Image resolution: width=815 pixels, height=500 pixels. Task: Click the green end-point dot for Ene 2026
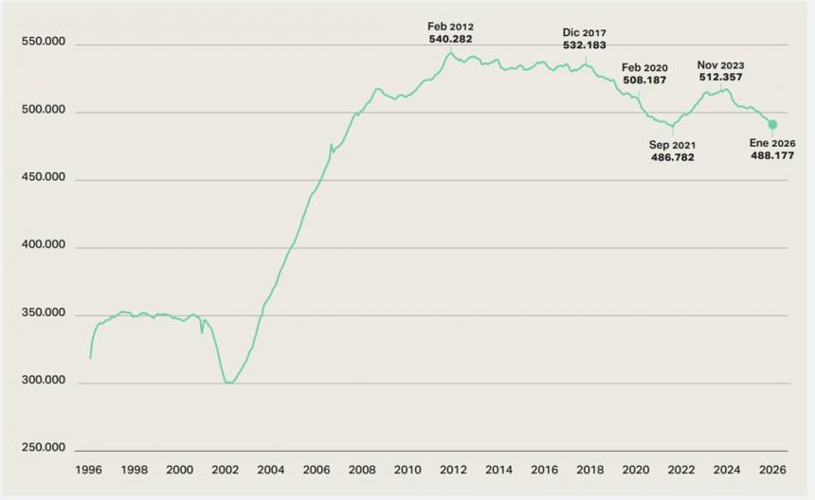tap(772, 124)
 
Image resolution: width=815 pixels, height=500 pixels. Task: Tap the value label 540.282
tap(451, 40)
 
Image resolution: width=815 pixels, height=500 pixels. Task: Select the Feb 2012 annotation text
tap(451, 27)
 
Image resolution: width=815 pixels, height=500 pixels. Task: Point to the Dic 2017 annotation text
tap(585, 31)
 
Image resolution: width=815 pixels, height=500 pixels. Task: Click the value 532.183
tap(585, 45)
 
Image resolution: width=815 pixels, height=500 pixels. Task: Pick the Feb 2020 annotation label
tap(644, 67)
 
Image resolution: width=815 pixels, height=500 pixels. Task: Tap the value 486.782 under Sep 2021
tap(672, 157)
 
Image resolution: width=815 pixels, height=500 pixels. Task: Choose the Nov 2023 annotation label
tap(721, 65)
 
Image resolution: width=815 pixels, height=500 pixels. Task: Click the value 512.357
tap(721, 78)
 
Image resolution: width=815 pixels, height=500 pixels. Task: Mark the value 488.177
tap(772, 155)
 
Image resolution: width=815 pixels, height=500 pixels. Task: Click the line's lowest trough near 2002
tap(227, 383)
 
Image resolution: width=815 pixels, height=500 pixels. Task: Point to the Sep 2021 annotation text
tap(672, 145)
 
